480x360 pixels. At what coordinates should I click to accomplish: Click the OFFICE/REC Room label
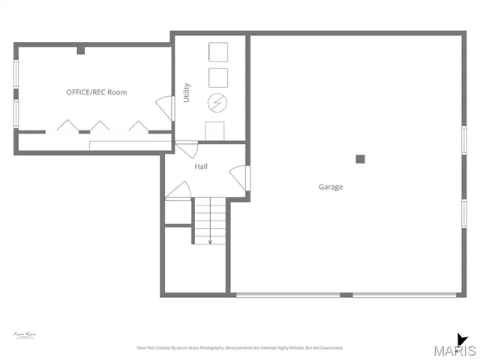point(97,92)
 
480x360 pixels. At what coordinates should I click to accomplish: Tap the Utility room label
point(187,92)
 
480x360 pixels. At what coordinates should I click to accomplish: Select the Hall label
point(201,166)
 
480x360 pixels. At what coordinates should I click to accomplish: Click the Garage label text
point(331,187)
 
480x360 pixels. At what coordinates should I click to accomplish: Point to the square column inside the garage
point(360,159)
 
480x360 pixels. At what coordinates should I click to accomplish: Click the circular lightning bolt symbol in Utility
point(217,102)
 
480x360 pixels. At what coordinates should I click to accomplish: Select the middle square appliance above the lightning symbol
point(217,77)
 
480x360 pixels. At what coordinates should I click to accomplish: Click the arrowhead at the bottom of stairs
point(210,241)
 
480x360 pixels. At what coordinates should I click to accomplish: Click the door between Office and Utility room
point(163,109)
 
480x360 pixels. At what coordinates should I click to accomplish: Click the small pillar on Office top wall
point(80,50)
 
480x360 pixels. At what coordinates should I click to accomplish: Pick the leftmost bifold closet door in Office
point(65,124)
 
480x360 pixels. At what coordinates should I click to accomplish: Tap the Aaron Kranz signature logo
point(25,334)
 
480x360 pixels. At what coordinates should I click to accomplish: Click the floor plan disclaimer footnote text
point(239,348)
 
